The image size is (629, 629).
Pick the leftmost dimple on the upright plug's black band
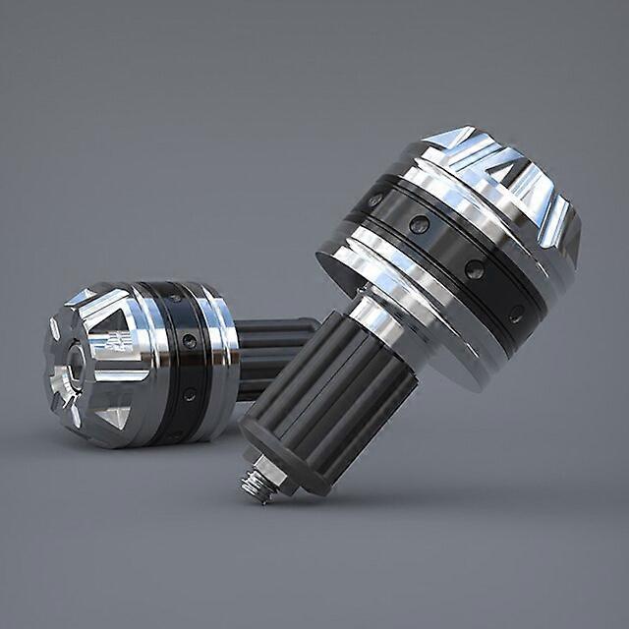point(374,200)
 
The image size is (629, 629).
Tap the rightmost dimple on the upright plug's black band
point(516,314)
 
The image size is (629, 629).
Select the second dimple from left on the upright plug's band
point(420,225)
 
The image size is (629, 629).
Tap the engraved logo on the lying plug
point(113,343)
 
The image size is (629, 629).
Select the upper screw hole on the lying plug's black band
point(189,340)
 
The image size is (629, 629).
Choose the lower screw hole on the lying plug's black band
point(189,394)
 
